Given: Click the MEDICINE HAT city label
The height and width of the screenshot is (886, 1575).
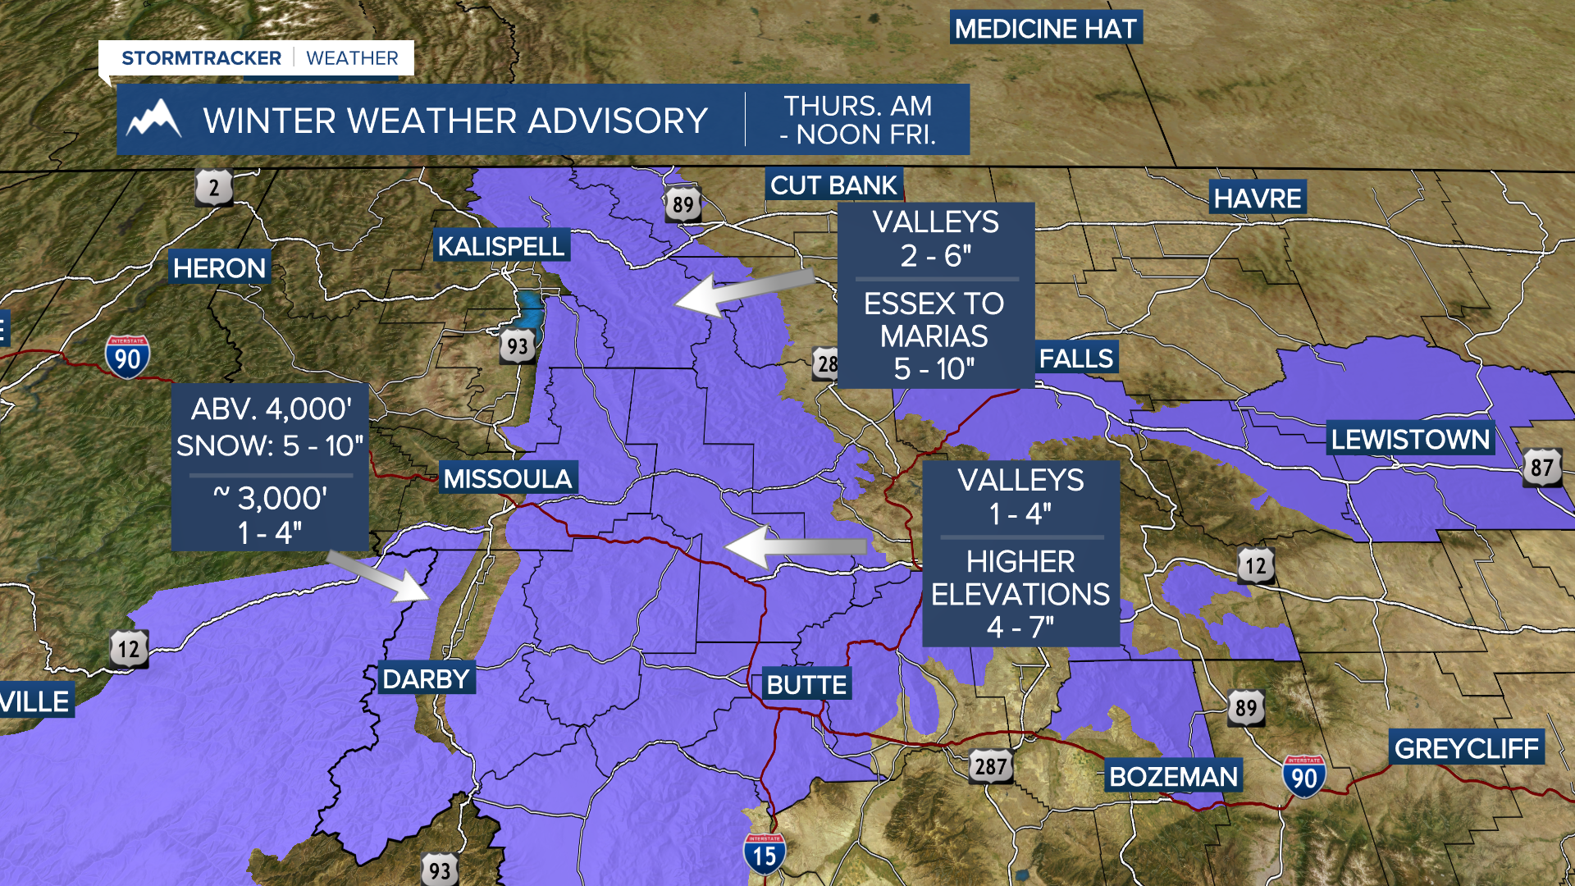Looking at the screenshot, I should click(x=1046, y=29).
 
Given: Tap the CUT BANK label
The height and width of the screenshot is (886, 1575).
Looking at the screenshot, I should click(x=833, y=185).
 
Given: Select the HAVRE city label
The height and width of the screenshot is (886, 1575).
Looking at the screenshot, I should click(x=1258, y=199).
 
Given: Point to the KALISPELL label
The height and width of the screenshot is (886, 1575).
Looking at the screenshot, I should click(x=500, y=246).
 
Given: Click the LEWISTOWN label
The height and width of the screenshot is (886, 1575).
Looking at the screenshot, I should click(x=1410, y=440).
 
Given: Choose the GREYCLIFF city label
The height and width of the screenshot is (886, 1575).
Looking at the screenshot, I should click(x=1466, y=748).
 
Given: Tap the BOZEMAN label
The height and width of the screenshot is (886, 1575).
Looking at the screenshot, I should click(x=1173, y=776).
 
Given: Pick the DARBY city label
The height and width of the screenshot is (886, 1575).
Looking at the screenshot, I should click(x=426, y=679).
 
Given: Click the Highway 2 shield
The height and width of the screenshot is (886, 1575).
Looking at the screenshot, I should click(x=213, y=188).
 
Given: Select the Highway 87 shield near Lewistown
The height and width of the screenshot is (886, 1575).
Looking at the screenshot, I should click(x=1541, y=468).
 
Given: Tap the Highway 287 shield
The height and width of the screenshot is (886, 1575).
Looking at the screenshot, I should click(x=990, y=766).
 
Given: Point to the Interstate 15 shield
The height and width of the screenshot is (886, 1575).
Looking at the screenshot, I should click(x=764, y=855).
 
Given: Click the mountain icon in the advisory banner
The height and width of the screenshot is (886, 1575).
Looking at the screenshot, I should click(x=153, y=120).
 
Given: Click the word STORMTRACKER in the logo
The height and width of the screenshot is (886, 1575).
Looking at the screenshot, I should click(x=201, y=58).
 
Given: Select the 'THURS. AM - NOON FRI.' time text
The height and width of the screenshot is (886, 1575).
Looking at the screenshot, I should click(x=857, y=120).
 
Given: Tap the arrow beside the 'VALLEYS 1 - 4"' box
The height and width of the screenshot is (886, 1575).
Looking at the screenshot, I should click(x=796, y=546).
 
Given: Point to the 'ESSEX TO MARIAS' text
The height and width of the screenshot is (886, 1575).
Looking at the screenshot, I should click(x=934, y=320).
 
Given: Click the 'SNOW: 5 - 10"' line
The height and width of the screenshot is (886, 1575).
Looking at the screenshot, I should click(x=270, y=445).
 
